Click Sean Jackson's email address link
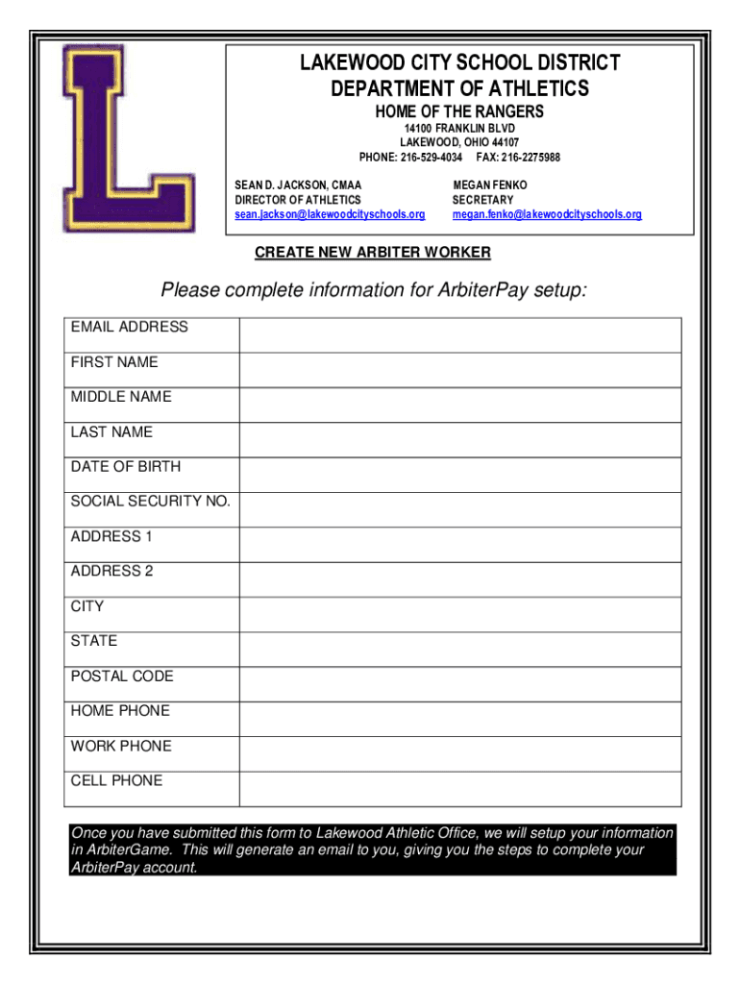pos(330,214)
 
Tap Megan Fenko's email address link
pos(547,214)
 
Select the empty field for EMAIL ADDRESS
pos(459,335)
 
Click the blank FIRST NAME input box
pos(459,370)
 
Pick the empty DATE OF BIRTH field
pos(459,475)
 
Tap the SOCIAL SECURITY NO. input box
pos(459,509)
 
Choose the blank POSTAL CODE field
pos(459,684)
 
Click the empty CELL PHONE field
pos(459,789)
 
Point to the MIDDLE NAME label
pos(121,397)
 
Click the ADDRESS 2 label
pos(111,571)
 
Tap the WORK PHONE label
pos(121,746)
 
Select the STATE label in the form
pos(94,641)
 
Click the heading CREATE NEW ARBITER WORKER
pos(373,253)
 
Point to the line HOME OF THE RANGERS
pos(459,111)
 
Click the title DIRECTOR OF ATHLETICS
pos(298,199)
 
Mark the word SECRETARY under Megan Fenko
pos(483,199)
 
